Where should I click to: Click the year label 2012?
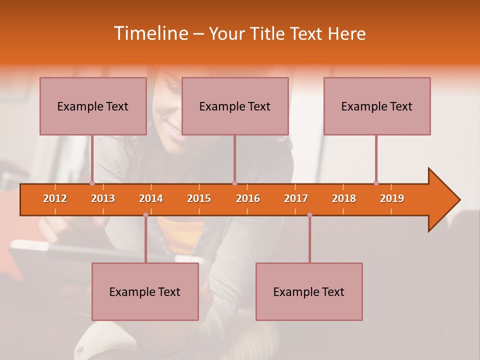pyautogui.click(x=55, y=198)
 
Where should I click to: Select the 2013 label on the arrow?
pyautogui.click(x=103, y=198)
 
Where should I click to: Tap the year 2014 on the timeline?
pyautogui.click(x=151, y=198)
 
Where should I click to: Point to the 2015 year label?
pyautogui.click(x=199, y=198)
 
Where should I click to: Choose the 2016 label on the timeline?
pyautogui.click(x=248, y=198)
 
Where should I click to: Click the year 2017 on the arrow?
pyautogui.click(x=296, y=198)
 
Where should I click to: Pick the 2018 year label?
pyautogui.click(x=344, y=198)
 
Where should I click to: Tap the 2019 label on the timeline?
pyautogui.click(x=392, y=198)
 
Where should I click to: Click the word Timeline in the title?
pyautogui.click(x=149, y=33)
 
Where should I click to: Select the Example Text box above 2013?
pyautogui.click(x=93, y=106)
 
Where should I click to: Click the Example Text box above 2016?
pyautogui.click(x=235, y=106)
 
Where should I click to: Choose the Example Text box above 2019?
pyautogui.click(x=377, y=106)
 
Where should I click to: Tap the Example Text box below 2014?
pyautogui.click(x=145, y=291)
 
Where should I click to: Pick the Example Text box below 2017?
pyautogui.click(x=309, y=291)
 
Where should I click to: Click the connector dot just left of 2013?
pyautogui.click(x=92, y=183)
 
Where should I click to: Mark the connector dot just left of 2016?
pyautogui.click(x=234, y=183)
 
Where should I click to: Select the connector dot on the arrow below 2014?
pyautogui.click(x=145, y=215)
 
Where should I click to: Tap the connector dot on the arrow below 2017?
pyautogui.click(x=309, y=215)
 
